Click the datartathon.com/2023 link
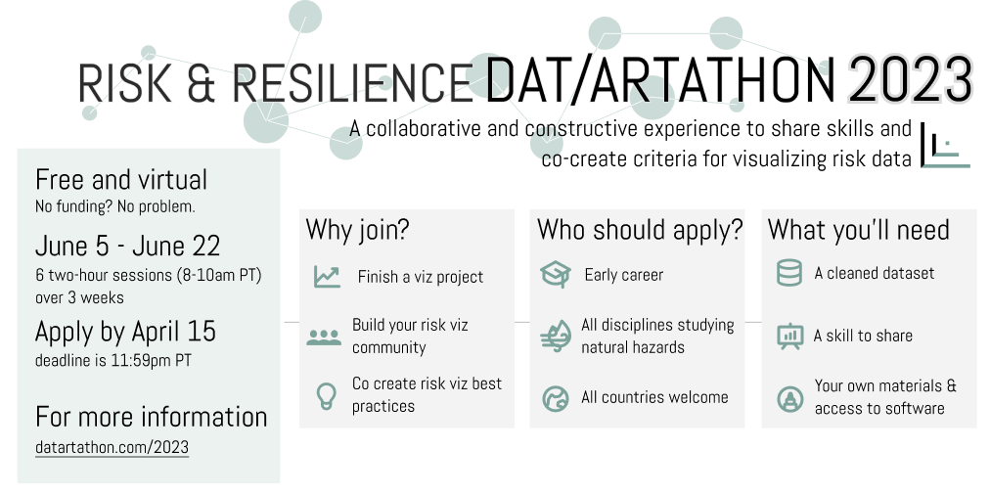click(x=112, y=447)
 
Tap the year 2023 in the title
click(x=909, y=80)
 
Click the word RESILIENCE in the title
click(x=353, y=83)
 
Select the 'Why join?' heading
click(x=357, y=229)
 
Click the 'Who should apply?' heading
click(x=640, y=229)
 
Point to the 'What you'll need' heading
click(x=859, y=229)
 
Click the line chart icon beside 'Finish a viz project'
click(x=327, y=277)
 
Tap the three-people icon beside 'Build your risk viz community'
click(x=324, y=337)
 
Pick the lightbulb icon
click(x=326, y=396)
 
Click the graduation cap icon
click(x=556, y=275)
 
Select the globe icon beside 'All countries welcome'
click(x=556, y=398)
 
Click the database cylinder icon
click(x=789, y=273)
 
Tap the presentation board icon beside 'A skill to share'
click(x=789, y=336)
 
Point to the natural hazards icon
click(x=556, y=336)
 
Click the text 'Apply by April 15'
click(x=125, y=332)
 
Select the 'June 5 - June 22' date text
click(x=127, y=247)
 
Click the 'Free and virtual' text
click(x=121, y=180)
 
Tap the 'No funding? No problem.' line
click(x=114, y=206)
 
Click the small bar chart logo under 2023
click(x=945, y=146)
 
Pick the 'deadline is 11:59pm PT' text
click(x=113, y=361)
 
